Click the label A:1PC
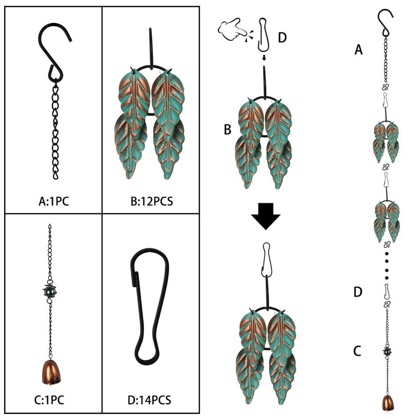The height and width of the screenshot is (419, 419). coord(54,201)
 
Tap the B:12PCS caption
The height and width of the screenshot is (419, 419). coord(151,201)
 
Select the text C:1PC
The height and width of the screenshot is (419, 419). coord(49,400)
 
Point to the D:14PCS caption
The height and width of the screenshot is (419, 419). coord(149,400)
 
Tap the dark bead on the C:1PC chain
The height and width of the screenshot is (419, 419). coord(50,291)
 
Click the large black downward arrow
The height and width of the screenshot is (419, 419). coord(266,216)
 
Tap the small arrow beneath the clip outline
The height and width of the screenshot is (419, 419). coord(264,58)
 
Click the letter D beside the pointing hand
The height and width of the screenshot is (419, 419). coord(282,37)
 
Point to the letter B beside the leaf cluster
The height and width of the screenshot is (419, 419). coord(227,129)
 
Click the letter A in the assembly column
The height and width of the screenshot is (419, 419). coord(359,50)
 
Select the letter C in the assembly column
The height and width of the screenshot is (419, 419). coord(357,351)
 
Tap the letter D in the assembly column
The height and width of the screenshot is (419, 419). coord(358,292)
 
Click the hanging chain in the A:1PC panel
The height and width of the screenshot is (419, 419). coord(56,130)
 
